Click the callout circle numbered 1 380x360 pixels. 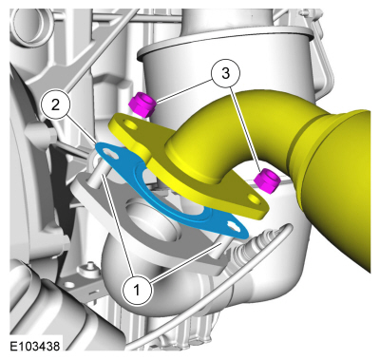coord(137,290)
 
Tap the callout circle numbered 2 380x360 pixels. coord(55,104)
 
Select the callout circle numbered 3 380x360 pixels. coord(225,73)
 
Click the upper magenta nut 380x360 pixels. coord(142,104)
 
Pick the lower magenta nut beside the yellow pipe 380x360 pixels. coord(268,180)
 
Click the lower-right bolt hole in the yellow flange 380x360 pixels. coord(255,199)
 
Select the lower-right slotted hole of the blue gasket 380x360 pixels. coord(234,227)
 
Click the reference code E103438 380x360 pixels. coord(35,346)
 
